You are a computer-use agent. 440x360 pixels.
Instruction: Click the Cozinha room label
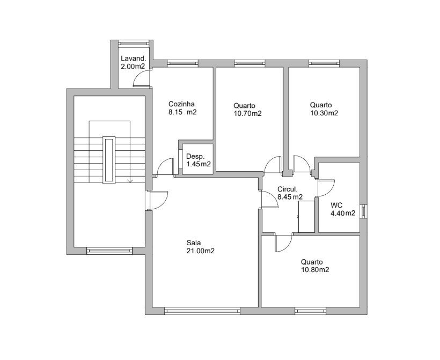coord(181,104)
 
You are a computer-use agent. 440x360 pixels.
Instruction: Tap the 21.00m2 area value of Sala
coord(200,251)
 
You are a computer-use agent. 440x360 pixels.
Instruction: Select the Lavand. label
coord(133,58)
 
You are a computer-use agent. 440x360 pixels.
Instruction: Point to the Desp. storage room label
coord(195,157)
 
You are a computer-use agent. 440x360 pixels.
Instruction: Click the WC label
coord(336,205)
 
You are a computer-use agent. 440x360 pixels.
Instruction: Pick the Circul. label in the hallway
coord(287,189)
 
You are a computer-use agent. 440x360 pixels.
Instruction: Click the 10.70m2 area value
coord(247,114)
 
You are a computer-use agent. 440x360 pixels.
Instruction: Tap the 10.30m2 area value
coord(324,113)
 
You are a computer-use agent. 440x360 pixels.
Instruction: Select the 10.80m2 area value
coord(315,270)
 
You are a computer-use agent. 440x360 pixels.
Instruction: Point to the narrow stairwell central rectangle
coord(109,160)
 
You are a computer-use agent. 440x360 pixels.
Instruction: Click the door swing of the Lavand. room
coord(141,78)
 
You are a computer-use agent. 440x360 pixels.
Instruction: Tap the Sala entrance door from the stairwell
coord(158,200)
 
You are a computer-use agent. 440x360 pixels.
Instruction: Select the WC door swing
coord(326,188)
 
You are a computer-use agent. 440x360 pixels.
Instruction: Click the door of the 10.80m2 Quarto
coord(284,243)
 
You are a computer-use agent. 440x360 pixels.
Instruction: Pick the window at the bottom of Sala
coord(202,311)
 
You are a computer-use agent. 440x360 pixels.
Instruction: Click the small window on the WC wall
coord(364,211)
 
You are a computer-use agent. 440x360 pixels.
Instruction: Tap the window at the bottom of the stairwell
coord(109,251)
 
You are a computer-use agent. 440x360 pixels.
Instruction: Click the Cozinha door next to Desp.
coord(166,167)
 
